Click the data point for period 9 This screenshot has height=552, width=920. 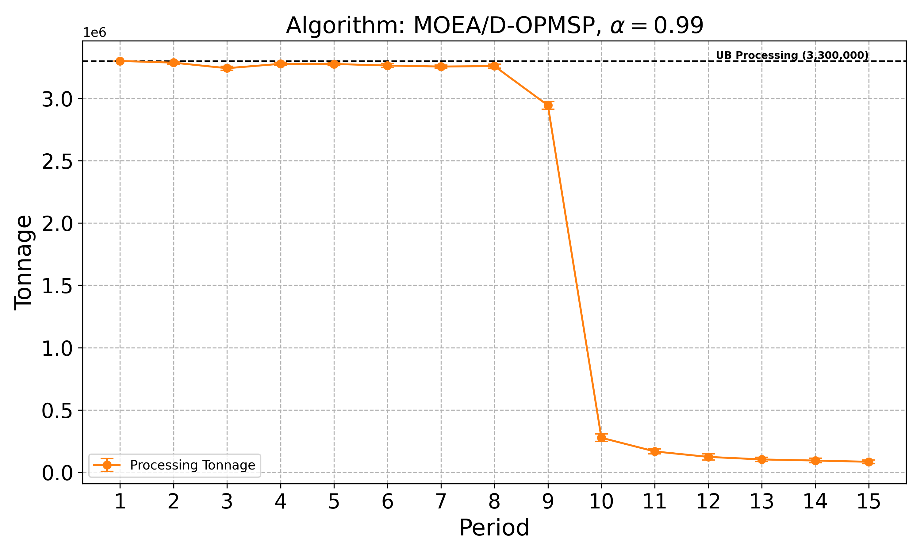click(x=548, y=105)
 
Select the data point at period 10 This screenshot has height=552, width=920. click(x=601, y=438)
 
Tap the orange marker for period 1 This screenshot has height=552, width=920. click(x=120, y=61)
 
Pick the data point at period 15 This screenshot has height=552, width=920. click(x=869, y=462)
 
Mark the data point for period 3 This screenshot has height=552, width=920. click(x=227, y=68)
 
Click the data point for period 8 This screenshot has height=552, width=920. click(x=494, y=66)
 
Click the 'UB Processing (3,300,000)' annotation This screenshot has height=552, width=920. click(x=792, y=56)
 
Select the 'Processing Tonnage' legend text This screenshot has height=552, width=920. click(x=192, y=465)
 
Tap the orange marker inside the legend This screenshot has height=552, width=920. click(x=107, y=465)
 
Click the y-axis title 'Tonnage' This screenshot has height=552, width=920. click(x=23, y=263)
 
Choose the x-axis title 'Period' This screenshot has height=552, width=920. click(x=494, y=528)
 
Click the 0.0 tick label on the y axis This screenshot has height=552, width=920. click(x=56, y=473)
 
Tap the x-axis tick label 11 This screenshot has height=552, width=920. click(x=654, y=502)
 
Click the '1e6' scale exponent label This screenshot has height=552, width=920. click(x=94, y=33)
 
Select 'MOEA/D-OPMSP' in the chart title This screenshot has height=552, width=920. click(x=507, y=26)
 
